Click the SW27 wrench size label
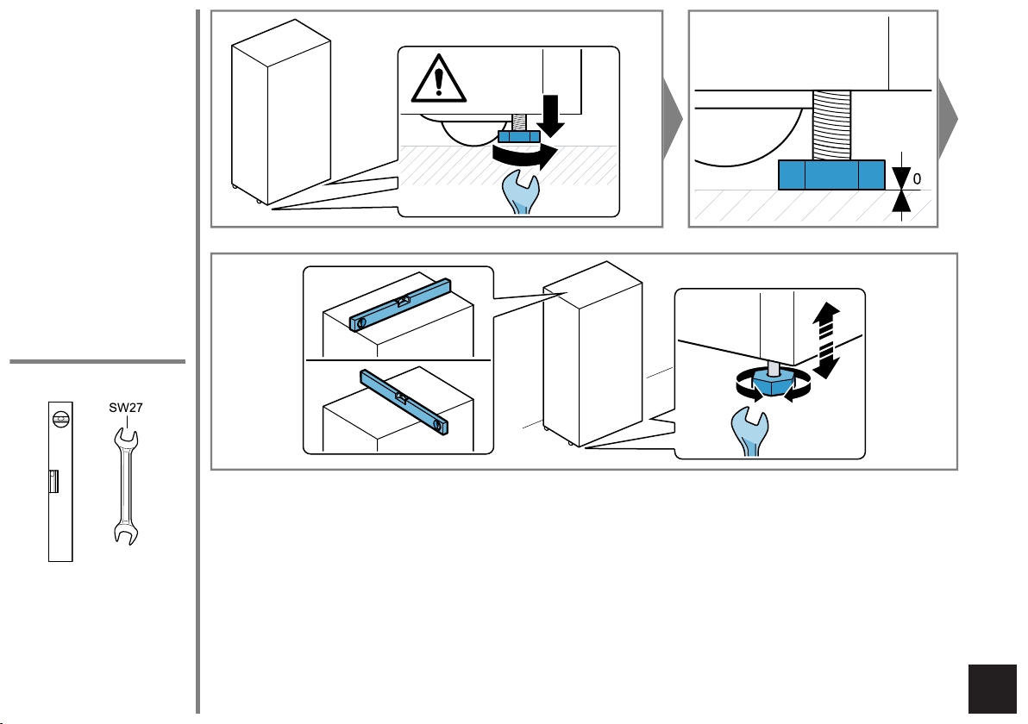tap(126, 408)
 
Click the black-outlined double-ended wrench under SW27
tap(126, 486)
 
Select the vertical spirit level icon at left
tap(60, 482)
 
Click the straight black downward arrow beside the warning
tap(551, 116)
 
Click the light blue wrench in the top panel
tap(521, 192)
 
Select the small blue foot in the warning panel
tap(519, 136)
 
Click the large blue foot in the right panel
tap(831, 175)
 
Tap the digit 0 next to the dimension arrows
tap(917, 179)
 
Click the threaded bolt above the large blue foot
tap(832, 125)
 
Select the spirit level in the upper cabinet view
tap(400, 304)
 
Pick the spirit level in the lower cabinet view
tap(404, 403)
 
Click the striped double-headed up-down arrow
tap(826, 340)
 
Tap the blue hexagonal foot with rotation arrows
tap(774, 383)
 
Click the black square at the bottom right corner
tap(992, 689)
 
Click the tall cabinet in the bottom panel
tap(592, 353)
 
